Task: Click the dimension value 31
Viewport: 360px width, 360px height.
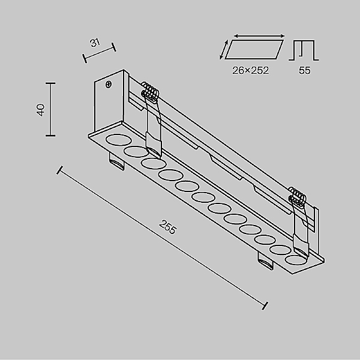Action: click(95, 43)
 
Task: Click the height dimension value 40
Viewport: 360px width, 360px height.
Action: click(40, 110)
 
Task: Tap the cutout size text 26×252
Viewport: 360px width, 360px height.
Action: click(250, 70)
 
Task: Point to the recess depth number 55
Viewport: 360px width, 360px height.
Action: click(304, 70)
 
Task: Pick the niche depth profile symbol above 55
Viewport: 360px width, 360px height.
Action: click(304, 50)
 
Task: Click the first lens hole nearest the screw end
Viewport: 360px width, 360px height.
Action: click(117, 142)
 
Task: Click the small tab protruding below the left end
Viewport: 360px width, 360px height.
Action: click(116, 162)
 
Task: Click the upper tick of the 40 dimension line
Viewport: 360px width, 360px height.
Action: click(50, 83)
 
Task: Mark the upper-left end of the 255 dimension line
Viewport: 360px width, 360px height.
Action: click(59, 170)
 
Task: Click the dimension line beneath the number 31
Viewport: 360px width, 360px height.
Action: click(100, 52)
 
